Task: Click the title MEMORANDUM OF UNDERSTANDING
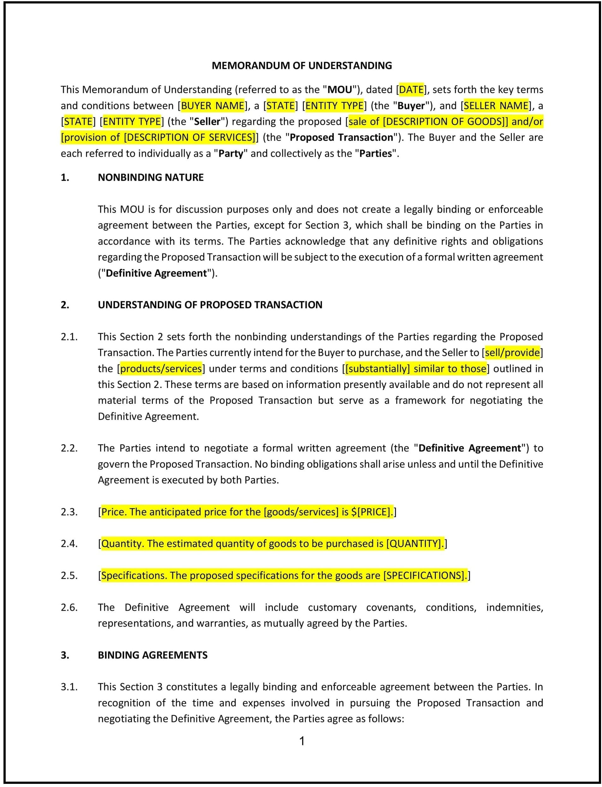coord(302,66)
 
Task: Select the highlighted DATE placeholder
coord(411,90)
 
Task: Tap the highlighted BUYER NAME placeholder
coord(212,106)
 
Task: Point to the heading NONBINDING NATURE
coord(151,177)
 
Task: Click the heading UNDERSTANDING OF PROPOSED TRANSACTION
coord(210,305)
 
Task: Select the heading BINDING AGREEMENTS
coord(153,655)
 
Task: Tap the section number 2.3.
coord(69,512)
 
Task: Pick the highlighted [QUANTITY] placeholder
coord(414,544)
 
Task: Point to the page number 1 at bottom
coord(302,741)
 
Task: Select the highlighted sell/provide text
coord(512,353)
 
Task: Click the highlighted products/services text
coord(161,368)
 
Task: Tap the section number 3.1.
coord(69,687)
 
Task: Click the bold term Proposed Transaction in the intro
coord(341,138)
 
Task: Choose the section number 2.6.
coord(69,607)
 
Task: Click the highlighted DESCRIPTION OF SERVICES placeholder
coord(190,138)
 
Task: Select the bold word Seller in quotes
coord(207,122)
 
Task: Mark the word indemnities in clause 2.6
coord(514,607)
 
